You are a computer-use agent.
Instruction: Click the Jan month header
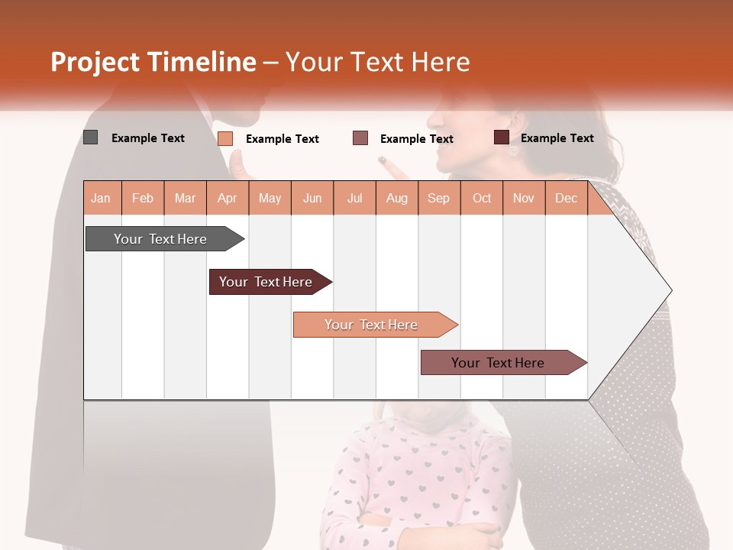point(102,199)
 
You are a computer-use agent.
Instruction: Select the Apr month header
point(228,199)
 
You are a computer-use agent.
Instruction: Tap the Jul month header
point(355,199)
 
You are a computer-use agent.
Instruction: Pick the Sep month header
point(438,199)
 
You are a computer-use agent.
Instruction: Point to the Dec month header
point(566,199)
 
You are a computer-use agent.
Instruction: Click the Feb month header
point(143,199)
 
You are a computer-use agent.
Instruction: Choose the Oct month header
point(482,199)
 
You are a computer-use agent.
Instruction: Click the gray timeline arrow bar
point(161,239)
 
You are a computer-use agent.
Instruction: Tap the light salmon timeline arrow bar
point(371,325)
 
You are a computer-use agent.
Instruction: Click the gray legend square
point(90,137)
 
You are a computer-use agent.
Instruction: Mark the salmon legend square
point(225,138)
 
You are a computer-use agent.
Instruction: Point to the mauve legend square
point(360,137)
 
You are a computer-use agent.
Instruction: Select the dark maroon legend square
point(501,137)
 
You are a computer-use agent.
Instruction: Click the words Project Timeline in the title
point(153,62)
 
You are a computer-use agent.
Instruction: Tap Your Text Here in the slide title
point(378,62)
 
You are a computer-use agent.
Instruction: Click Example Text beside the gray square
point(148,138)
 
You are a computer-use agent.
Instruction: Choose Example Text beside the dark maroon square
point(557,138)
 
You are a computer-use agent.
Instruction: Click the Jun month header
point(312,199)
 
